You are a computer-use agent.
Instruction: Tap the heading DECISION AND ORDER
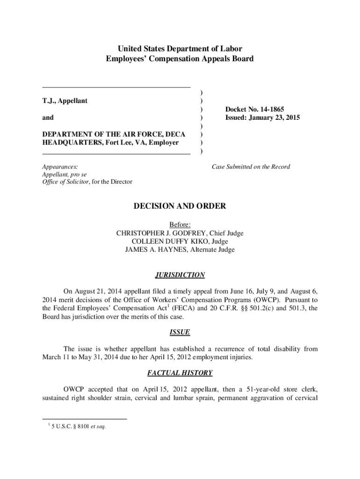180,206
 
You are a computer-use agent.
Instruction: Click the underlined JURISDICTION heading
180,275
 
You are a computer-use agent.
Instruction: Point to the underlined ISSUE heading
180,332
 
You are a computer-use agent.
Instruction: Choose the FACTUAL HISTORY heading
180,373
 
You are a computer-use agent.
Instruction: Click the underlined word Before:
180,225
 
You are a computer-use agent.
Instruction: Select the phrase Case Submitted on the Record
251,167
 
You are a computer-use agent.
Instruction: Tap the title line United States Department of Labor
180,49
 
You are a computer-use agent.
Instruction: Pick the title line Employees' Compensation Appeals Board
180,59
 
